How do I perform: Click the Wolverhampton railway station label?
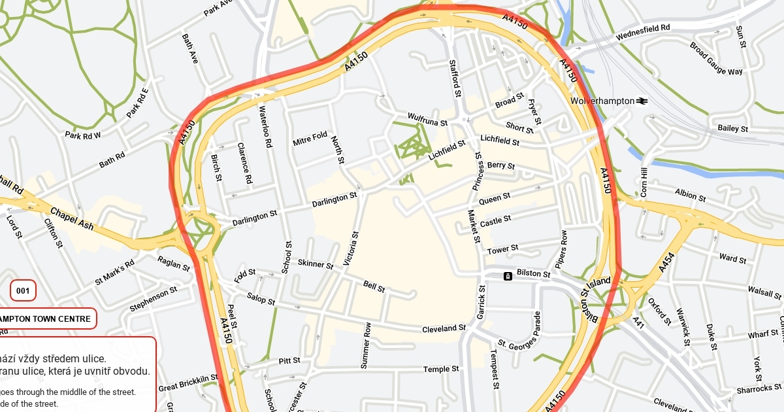point(602,101)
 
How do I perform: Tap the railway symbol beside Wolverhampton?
point(643,101)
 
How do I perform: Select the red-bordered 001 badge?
point(23,290)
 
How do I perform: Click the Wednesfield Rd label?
point(643,29)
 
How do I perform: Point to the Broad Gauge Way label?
point(716,59)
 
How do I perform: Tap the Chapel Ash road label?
point(72,220)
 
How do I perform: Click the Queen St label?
point(495,199)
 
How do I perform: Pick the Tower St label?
point(502,249)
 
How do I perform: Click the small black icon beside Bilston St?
point(508,276)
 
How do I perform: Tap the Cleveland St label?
point(444,328)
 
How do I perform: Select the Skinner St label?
point(316,264)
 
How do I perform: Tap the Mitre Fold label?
point(310,139)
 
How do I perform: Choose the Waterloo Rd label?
point(265,127)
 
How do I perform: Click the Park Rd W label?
point(83,135)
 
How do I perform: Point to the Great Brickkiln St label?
point(188,383)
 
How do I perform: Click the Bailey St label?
point(732,128)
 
